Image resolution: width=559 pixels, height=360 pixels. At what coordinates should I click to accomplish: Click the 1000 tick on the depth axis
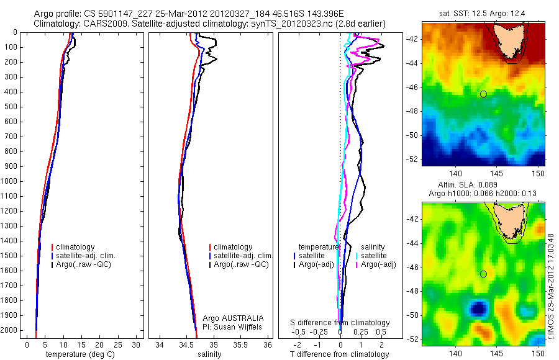tap(12, 181)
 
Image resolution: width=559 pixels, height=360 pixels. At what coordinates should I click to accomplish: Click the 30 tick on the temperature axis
tap(136, 344)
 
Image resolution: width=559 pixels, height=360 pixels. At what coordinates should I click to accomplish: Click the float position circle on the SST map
tap(483, 94)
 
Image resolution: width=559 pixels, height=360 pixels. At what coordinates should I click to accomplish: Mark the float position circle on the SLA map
tap(483, 274)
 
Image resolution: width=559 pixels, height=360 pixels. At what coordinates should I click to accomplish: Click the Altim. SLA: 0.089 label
tap(486, 187)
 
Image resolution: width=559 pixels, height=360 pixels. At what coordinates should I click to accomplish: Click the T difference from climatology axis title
tap(339, 354)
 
